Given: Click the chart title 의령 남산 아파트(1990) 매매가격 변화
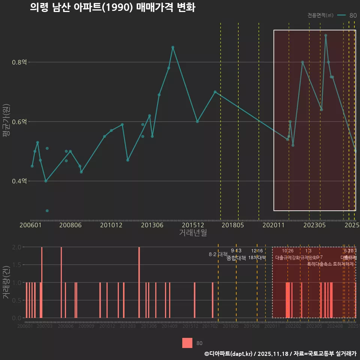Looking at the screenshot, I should pyautogui.click(x=112, y=7).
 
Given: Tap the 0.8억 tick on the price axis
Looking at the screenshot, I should pyautogui.click(x=19, y=62).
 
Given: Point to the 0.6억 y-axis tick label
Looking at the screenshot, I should pyautogui.click(x=19, y=122).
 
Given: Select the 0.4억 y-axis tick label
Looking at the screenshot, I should pyautogui.click(x=19, y=181).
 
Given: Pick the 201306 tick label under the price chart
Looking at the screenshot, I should pyautogui.click(x=152, y=225).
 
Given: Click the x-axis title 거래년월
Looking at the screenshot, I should pyautogui.click(x=193, y=233).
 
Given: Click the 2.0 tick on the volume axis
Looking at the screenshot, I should pyautogui.click(x=16, y=247).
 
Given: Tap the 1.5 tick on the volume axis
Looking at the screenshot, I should pyautogui.click(x=16, y=265).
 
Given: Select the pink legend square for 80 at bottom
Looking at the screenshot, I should pyautogui.click(x=187, y=343).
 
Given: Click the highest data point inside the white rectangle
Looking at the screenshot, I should pyautogui.click(x=325, y=35).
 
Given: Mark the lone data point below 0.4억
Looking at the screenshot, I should pyautogui.click(x=47, y=211).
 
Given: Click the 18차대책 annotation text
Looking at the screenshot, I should pyautogui.click(x=257, y=258).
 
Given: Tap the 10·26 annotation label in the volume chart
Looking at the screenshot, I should pyautogui.click(x=288, y=251).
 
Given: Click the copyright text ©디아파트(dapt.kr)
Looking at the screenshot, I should pyautogui.click(x=229, y=354).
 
